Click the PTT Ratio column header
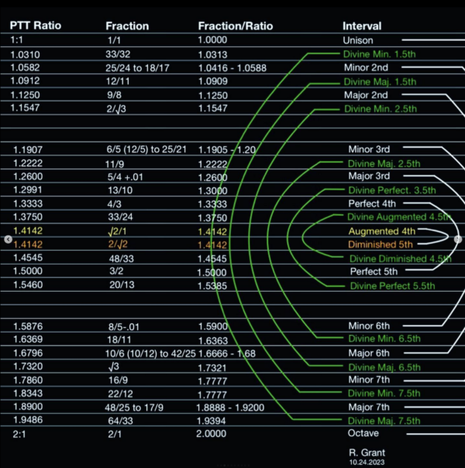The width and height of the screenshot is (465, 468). (x=35, y=26)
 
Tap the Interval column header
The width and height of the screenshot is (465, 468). (x=362, y=26)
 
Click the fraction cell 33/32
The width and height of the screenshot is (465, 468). (x=117, y=54)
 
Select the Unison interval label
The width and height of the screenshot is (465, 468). (x=357, y=40)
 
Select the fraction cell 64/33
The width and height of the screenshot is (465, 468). (x=119, y=420)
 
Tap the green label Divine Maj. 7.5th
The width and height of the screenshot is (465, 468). (x=384, y=421)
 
